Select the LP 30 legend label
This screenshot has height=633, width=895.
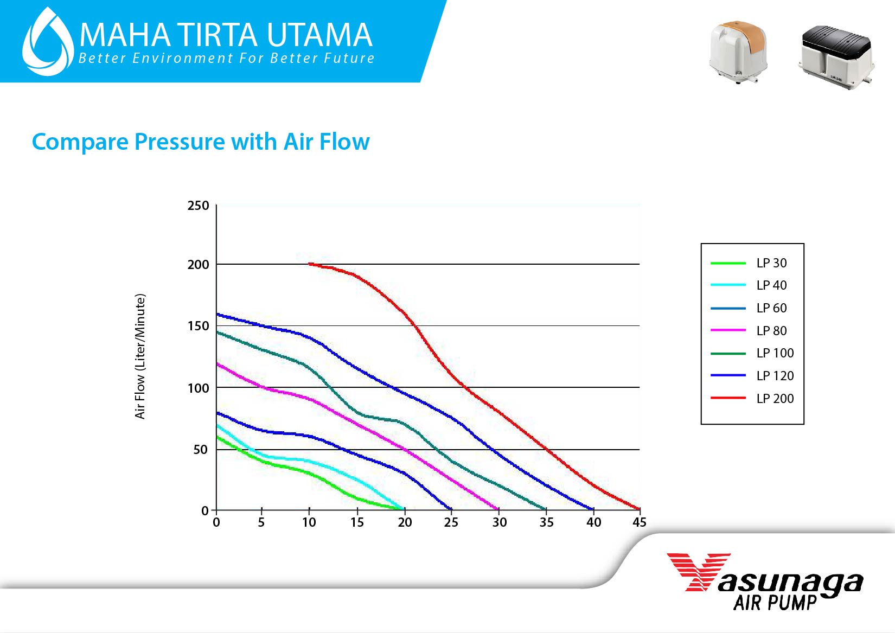[x=771, y=263]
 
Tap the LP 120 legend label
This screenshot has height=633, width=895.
[x=775, y=375]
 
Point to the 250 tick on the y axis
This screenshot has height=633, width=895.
[x=198, y=206]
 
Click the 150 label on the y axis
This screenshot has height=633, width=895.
[x=198, y=326]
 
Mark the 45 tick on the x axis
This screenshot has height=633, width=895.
[x=640, y=522]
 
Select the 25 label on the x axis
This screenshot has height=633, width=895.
[x=451, y=522]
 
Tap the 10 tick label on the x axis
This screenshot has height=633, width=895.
[x=309, y=522]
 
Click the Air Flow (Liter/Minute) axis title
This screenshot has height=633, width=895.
[x=140, y=356]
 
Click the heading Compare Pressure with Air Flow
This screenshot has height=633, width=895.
[x=201, y=142]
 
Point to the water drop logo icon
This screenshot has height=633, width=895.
[x=48, y=42]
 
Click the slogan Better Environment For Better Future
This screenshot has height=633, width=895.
[x=226, y=58]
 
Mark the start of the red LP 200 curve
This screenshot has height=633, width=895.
[x=309, y=264]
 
